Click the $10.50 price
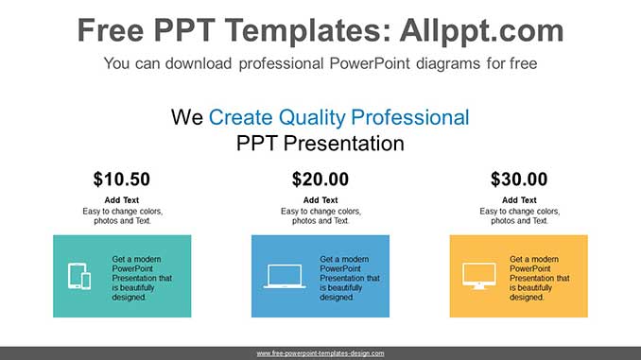pyautogui.click(x=121, y=179)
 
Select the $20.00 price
pyautogui.click(x=320, y=179)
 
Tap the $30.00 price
pyautogui.click(x=518, y=179)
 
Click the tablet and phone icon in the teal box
pyautogui.click(x=79, y=276)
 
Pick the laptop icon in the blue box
pyautogui.click(x=285, y=276)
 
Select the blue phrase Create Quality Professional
pyautogui.click(x=338, y=117)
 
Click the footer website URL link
pyautogui.click(x=320, y=352)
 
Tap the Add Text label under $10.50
pyautogui.click(x=121, y=200)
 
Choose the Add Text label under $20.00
pyautogui.click(x=320, y=200)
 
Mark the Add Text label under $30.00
pyautogui.click(x=518, y=200)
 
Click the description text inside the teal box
pyautogui.click(x=142, y=278)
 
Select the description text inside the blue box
pyautogui.click(x=349, y=278)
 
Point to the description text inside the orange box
pyautogui.click(x=539, y=278)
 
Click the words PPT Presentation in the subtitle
pyautogui.click(x=320, y=144)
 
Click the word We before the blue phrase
pyautogui.click(x=187, y=117)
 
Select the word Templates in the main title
pyautogui.click(x=295, y=31)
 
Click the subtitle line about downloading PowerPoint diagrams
pyautogui.click(x=320, y=64)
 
